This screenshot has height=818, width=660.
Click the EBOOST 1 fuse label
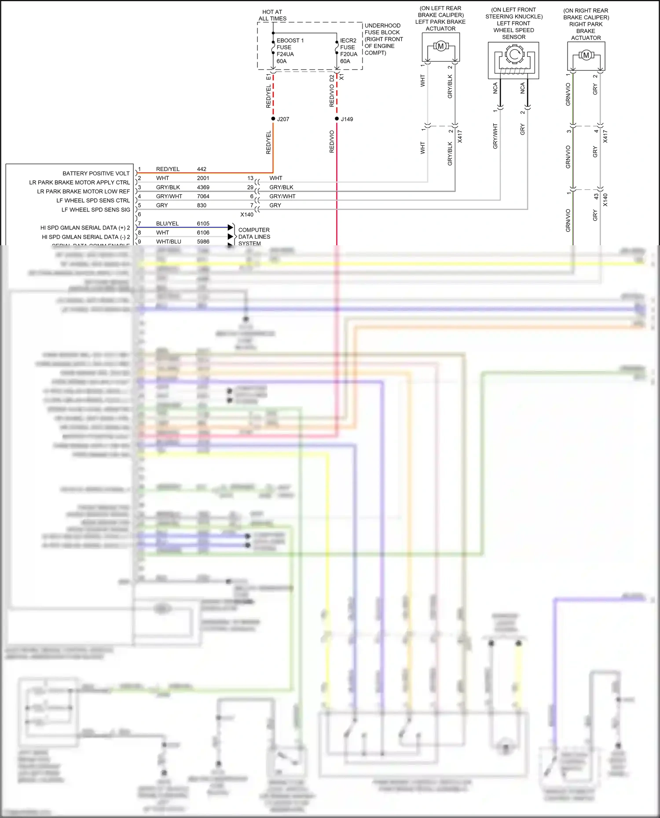tap(290, 40)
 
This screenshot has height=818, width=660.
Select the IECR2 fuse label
tap(348, 40)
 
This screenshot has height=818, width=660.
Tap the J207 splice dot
tap(273, 119)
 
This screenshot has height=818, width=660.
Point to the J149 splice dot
tap(337, 119)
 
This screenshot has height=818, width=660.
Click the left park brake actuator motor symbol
tap(440, 46)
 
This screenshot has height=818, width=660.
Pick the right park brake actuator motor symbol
tap(586, 55)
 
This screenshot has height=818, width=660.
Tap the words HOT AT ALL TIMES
tap(272, 15)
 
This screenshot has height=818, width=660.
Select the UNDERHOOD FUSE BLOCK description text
tap(383, 39)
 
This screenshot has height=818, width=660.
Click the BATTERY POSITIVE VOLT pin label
tap(96, 173)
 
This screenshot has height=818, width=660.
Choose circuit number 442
tap(202, 169)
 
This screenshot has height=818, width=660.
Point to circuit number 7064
tap(203, 196)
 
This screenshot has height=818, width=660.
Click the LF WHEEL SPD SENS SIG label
tap(95, 210)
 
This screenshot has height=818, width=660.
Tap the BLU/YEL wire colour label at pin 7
tap(167, 223)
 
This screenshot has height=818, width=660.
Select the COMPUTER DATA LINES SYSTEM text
tap(254, 236)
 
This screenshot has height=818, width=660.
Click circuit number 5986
tap(203, 241)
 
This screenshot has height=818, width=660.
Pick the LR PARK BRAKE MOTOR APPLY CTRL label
tap(79, 182)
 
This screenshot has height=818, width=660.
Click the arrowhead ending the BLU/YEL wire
tap(230, 227)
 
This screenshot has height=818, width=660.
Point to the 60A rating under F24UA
tap(282, 61)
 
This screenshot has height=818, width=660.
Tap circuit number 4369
tap(203, 187)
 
